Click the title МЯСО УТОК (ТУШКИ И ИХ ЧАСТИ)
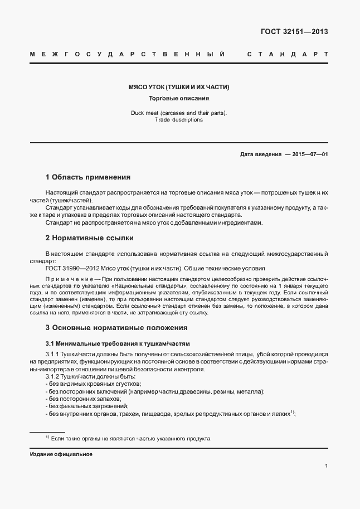179,88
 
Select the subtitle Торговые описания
179,99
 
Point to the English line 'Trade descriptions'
179,119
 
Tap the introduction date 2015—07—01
307,154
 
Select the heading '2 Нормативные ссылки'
89,238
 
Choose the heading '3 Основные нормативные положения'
116,327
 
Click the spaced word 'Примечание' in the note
69,278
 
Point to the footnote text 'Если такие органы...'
132,439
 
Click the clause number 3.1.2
53,377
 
